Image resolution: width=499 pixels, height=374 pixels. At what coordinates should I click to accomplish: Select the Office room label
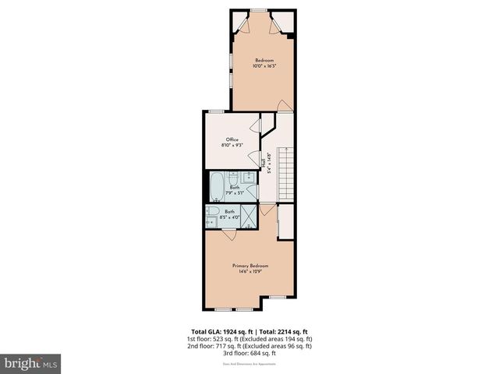click(232, 140)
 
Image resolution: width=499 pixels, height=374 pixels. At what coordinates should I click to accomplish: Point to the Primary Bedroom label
click(249, 266)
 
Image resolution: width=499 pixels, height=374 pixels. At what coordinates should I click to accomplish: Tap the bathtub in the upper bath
click(216, 187)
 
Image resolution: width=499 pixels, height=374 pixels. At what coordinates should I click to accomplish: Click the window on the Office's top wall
click(215, 112)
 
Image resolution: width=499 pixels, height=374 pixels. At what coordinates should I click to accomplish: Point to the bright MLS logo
click(31, 363)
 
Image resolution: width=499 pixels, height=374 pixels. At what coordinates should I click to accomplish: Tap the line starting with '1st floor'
click(249, 339)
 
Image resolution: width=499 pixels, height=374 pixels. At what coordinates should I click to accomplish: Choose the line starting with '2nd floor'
click(249, 346)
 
